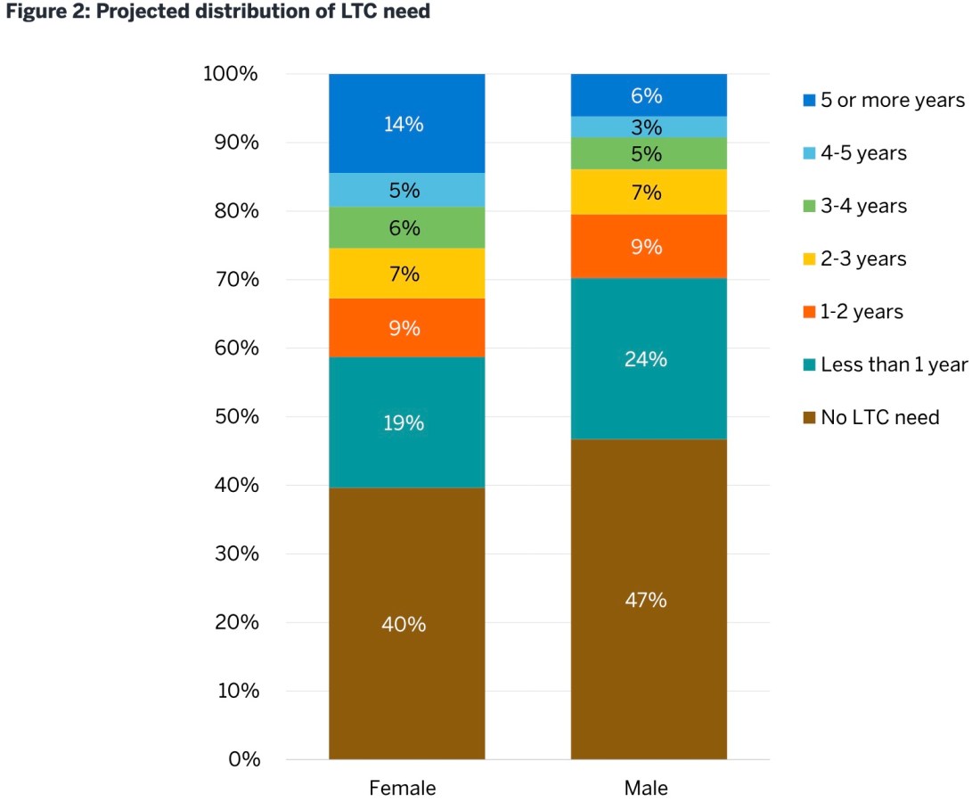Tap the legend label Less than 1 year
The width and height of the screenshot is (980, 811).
click(894, 365)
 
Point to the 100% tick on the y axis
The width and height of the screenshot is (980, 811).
click(232, 74)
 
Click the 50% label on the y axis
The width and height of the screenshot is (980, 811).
click(235, 417)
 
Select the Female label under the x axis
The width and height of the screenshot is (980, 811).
click(403, 789)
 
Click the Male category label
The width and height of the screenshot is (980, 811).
click(646, 789)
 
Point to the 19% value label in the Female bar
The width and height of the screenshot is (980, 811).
click(404, 423)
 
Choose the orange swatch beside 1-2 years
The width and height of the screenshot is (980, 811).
click(809, 312)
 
